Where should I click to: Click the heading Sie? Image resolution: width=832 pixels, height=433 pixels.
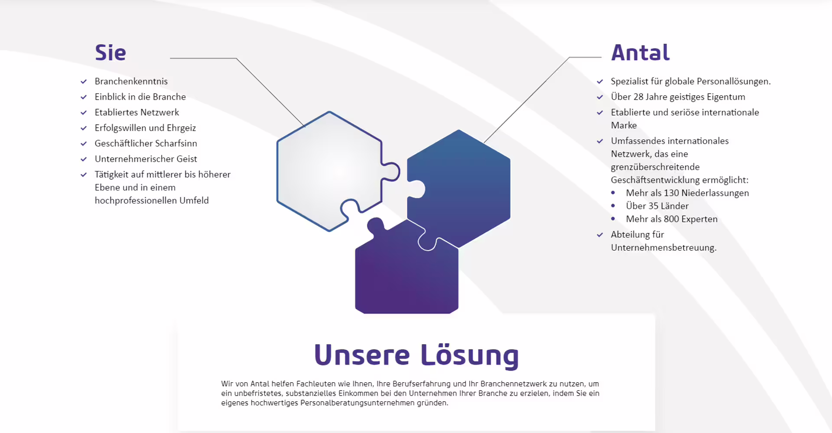(x=110, y=52)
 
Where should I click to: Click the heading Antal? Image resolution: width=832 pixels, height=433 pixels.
(x=640, y=52)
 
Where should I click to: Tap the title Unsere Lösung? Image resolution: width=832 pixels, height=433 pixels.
(x=416, y=355)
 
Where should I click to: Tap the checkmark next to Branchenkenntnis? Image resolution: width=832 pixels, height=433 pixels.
(x=84, y=81)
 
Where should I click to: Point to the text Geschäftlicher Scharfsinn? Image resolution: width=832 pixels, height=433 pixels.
(x=146, y=143)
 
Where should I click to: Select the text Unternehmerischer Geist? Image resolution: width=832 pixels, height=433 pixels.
(x=146, y=159)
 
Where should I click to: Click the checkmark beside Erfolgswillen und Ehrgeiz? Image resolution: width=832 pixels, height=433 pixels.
(x=84, y=128)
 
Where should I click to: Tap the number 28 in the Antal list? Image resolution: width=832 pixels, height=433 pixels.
(x=639, y=97)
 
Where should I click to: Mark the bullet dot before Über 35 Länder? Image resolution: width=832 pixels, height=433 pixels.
(x=613, y=206)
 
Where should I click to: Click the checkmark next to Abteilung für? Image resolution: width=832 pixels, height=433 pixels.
(x=600, y=235)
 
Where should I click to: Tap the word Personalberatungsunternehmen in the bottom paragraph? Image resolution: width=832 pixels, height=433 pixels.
(x=357, y=403)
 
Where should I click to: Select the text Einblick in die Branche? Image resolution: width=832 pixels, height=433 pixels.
(x=140, y=97)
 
